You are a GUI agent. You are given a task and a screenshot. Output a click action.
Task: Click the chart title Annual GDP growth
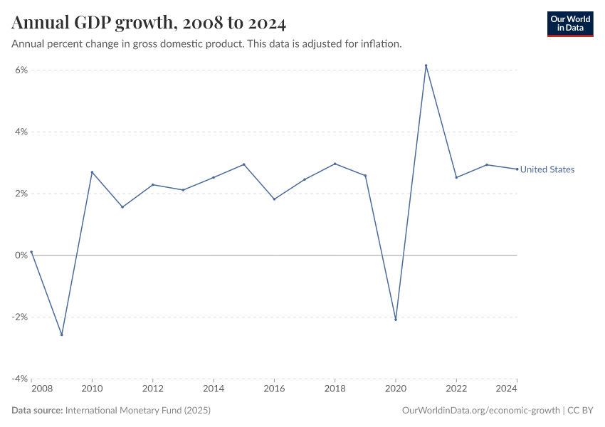tap(149, 23)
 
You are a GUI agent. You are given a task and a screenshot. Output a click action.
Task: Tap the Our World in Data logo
tap(569, 23)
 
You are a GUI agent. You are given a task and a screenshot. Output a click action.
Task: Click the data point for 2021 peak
tap(426, 65)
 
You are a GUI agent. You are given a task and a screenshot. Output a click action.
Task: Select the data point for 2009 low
tap(62, 334)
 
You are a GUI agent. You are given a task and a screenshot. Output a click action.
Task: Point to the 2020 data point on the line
tap(396, 320)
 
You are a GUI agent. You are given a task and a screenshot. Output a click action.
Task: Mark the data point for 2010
tap(92, 172)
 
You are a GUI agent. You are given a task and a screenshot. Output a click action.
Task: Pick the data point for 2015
tap(244, 164)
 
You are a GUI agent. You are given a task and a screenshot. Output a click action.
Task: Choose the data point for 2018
tap(335, 164)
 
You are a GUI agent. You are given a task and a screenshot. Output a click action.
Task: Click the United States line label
tap(547, 169)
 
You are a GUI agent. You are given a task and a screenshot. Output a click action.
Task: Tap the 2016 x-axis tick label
tap(274, 389)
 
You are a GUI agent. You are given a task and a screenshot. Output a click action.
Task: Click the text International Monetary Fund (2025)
tap(137, 411)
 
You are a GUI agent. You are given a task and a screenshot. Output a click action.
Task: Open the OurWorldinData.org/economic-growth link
tap(481, 411)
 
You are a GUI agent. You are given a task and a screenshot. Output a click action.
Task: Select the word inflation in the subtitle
tap(381, 43)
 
